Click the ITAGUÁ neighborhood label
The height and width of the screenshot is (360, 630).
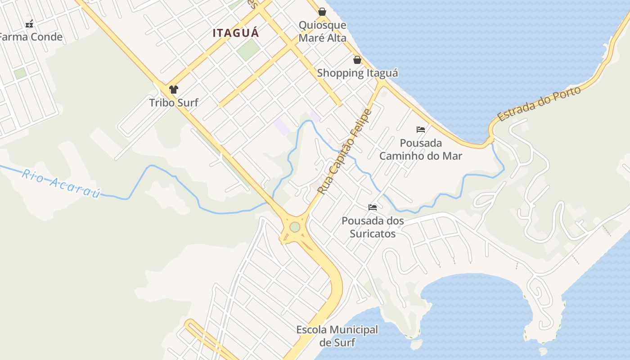coord(236,33)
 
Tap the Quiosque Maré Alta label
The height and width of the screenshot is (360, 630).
coord(323,31)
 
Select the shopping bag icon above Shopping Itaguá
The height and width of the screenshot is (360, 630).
coord(357,60)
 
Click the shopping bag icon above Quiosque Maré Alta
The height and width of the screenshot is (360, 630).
coord(322,12)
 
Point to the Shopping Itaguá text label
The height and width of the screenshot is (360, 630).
coord(357,73)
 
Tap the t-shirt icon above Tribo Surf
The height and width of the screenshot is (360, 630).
coord(174,90)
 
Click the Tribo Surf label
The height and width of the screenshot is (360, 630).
coord(174,103)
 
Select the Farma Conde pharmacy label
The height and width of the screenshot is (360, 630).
coord(31,37)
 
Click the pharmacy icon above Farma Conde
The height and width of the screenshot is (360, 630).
coord(29,24)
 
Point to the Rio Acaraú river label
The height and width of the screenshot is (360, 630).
coord(60,183)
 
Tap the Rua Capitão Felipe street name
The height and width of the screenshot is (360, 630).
coord(344,152)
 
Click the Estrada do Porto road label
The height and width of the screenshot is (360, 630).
coord(539,104)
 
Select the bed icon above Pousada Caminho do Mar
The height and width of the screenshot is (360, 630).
coord(421,130)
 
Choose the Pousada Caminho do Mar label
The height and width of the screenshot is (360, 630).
coord(421,149)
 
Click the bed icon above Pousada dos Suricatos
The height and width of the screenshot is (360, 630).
coord(373,207)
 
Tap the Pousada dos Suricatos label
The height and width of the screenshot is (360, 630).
coord(373,227)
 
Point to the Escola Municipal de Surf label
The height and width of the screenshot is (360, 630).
coord(337,336)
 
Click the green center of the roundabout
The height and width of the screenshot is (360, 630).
coord(295,227)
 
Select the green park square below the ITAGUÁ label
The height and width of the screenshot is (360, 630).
coord(248,50)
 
